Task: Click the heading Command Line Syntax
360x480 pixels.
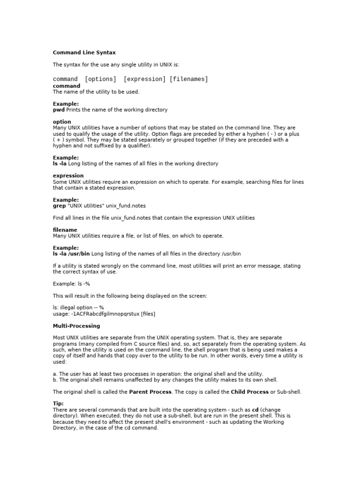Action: point(84,52)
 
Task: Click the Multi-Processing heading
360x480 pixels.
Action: point(76,326)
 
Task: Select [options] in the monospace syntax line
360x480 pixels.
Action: point(100,79)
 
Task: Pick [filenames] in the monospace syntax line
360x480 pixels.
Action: point(188,79)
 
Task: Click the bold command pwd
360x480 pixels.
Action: point(59,110)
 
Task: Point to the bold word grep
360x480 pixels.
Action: point(59,206)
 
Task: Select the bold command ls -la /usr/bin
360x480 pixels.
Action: point(71,254)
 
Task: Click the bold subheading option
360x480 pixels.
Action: point(62,122)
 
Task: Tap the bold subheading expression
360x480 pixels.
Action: point(68,176)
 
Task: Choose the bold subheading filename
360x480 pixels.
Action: point(65,230)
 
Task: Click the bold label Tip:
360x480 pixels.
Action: point(58,404)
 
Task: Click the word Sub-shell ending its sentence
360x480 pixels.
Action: point(290,392)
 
